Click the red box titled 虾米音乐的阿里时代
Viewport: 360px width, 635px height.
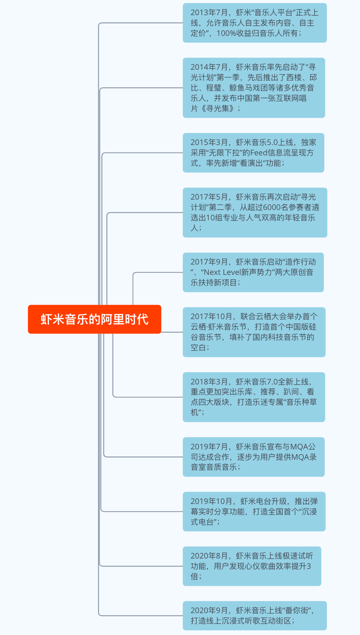[x=94, y=319]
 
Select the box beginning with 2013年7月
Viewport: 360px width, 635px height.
[x=254, y=23]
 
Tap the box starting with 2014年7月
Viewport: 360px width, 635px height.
[x=254, y=88]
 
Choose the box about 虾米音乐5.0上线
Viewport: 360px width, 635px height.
[x=253, y=153]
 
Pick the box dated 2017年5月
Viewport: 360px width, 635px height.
[x=255, y=213]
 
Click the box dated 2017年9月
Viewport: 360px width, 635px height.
[x=253, y=272]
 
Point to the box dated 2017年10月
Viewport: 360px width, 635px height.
[x=254, y=332]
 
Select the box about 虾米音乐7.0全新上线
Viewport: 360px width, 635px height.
[x=254, y=397]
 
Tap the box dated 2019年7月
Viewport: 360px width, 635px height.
[x=254, y=457]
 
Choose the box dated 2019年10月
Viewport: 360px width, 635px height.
[x=254, y=512]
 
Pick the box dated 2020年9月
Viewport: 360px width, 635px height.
[x=254, y=616]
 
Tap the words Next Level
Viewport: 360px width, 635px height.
[x=222, y=272]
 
